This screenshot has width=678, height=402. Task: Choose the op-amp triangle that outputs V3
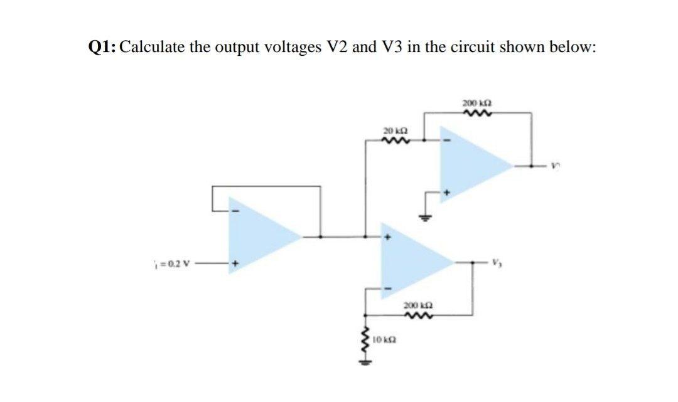(x=414, y=263)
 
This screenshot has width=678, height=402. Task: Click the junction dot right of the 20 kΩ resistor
(x=424, y=140)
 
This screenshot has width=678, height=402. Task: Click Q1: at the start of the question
(x=101, y=48)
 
